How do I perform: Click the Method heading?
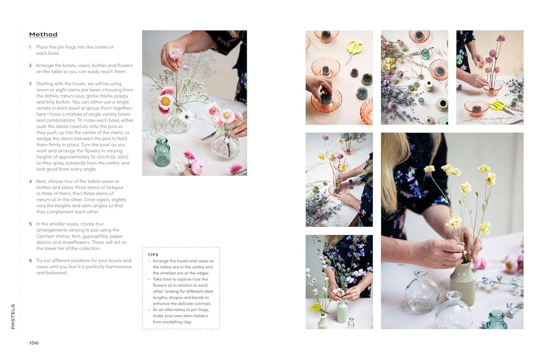point(43,34)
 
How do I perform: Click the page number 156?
point(34,343)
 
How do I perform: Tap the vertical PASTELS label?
point(13,316)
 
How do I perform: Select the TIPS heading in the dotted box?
point(153,255)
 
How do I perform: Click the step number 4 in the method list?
point(30,181)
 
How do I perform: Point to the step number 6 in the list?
point(30,260)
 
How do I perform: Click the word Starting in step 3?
point(45,84)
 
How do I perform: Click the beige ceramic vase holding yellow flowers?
point(462,283)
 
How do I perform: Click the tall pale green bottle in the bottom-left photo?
point(342,311)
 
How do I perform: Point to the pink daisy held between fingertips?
point(175,53)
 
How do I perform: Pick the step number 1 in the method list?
point(30,47)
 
